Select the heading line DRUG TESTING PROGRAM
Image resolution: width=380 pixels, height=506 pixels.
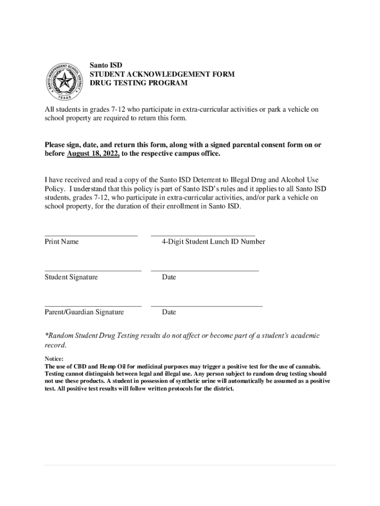click(138, 83)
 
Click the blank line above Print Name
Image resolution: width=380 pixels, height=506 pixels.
click(91, 235)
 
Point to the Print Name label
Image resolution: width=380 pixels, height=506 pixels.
click(62, 242)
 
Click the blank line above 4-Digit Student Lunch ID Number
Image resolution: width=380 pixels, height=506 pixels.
click(203, 235)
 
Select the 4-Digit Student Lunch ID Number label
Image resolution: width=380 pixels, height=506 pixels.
click(213, 242)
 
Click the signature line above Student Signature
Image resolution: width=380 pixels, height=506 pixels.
click(93, 270)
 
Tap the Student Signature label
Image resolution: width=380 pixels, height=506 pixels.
click(71, 277)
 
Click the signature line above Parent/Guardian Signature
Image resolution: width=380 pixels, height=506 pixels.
click(93, 306)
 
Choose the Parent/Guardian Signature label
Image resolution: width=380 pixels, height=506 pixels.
click(84, 312)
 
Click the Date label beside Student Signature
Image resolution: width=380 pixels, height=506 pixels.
click(169, 277)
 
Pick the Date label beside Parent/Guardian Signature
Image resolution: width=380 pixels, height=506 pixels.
click(169, 312)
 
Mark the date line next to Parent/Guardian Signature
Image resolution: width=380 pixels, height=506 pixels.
click(206, 306)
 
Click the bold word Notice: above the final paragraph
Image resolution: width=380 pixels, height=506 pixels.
click(54, 359)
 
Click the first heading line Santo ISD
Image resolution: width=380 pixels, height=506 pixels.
click(106, 65)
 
